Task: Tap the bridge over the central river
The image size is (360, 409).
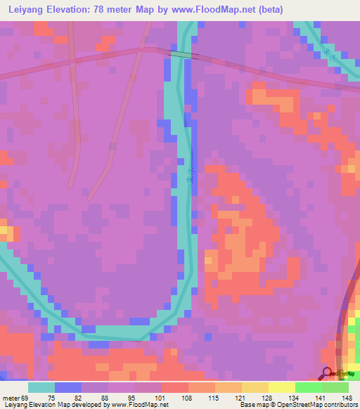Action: (x=184, y=55)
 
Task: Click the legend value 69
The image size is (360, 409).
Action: (x=27, y=397)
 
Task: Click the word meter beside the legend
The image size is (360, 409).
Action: (x=11, y=397)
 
